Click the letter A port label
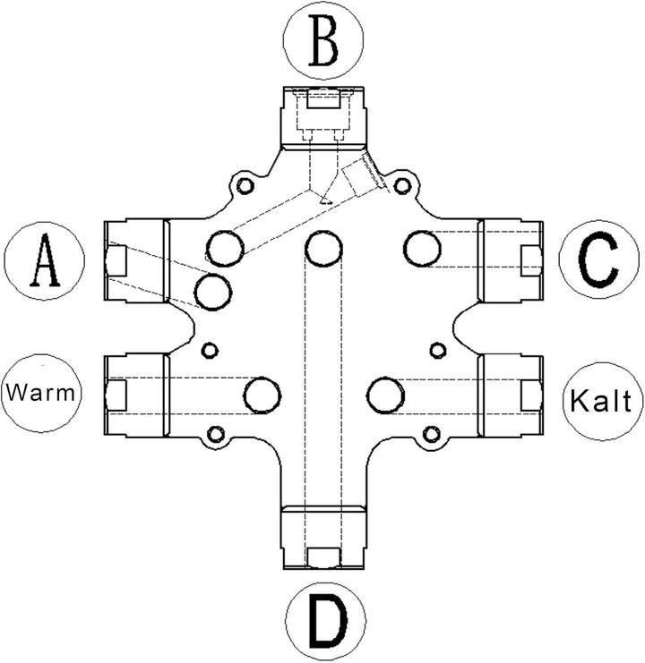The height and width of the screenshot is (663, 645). click(45, 261)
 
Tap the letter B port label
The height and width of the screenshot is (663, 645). click(323, 40)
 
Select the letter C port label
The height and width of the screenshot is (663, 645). click(599, 259)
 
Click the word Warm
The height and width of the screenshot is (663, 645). click(40, 393)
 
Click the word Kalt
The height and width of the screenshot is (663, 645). click(601, 400)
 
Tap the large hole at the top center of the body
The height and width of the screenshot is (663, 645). click(323, 249)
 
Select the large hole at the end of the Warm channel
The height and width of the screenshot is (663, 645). click(262, 395)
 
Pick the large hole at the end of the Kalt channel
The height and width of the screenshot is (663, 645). click(385, 396)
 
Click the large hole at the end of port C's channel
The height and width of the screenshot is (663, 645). click(422, 249)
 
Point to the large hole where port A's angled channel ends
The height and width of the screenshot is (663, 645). click(213, 292)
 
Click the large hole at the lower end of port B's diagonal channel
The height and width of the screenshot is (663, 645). click(225, 248)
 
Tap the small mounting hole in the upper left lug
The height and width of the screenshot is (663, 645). click(245, 185)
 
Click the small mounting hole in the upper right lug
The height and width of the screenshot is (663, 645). click(402, 185)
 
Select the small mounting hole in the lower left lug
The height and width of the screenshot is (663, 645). click(215, 434)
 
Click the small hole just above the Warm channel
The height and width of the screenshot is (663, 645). click(210, 350)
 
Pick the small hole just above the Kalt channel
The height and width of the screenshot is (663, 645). click(438, 350)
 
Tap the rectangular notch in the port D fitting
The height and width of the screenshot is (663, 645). click(323, 557)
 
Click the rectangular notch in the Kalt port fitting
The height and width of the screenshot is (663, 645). click(531, 395)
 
